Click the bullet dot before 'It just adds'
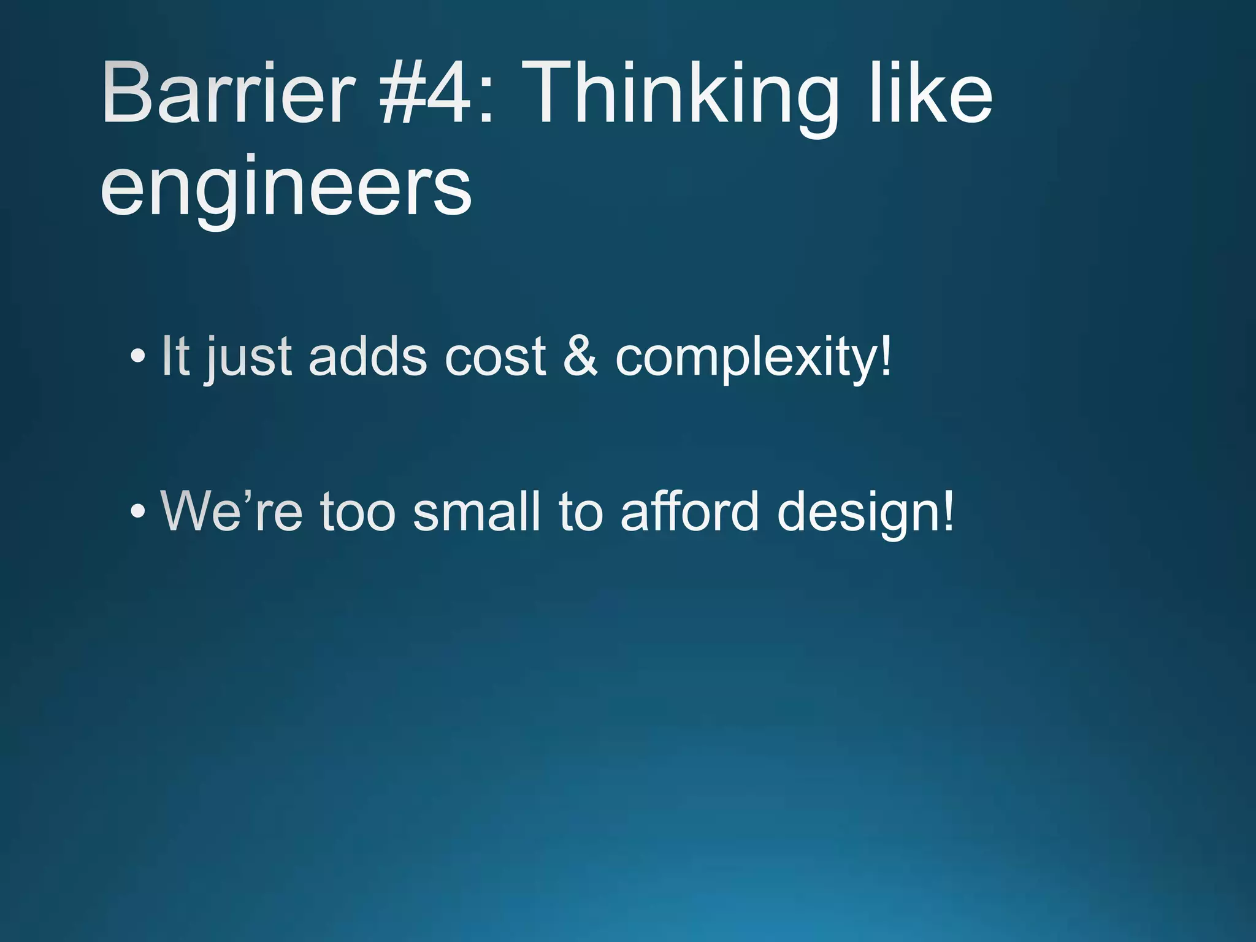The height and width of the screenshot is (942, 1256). click(138, 356)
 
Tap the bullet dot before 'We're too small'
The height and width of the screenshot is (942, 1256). click(138, 511)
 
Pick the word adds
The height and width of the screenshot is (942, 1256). click(367, 356)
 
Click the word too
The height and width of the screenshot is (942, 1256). click(358, 513)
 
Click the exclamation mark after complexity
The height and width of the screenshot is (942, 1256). click(885, 356)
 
